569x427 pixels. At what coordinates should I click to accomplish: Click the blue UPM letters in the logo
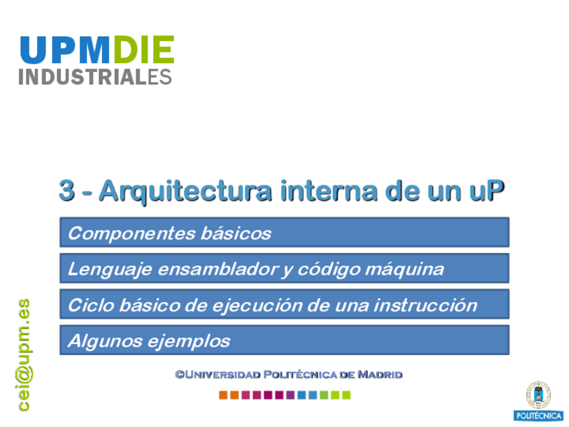point(65,50)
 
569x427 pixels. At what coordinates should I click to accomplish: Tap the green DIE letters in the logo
point(144,50)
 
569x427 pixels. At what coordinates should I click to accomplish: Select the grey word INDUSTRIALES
point(95,77)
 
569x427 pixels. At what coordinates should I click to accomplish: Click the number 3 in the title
point(67,190)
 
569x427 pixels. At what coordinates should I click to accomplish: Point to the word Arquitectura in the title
point(185,192)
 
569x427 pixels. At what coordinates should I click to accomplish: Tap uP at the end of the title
point(487,190)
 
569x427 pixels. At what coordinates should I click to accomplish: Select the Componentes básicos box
point(284,232)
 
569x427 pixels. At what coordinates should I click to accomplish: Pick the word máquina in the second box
point(404,270)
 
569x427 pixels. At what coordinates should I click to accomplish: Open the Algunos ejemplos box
point(284,340)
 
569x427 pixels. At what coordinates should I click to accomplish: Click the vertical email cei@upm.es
point(24,355)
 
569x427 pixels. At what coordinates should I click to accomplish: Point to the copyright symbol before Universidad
point(180,375)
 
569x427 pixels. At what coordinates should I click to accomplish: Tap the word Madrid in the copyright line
point(380,375)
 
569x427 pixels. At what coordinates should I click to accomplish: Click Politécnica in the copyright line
point(300,375)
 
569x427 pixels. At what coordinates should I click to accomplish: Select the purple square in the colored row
point(291,395)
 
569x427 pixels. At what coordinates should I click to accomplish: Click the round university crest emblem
point(539,395)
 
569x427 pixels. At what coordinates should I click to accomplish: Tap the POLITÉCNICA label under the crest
point(539,416)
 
